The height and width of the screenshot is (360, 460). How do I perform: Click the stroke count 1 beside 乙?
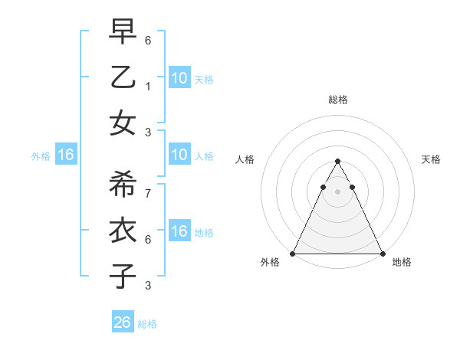(x=148, y=87)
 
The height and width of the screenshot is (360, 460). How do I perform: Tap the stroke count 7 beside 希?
(x=148, y=192)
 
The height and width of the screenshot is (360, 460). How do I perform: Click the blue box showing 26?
(x=123, y=322)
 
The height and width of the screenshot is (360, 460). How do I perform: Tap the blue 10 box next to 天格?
(x=179, y=77)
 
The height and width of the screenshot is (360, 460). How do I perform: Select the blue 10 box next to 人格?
(x=179, y=155)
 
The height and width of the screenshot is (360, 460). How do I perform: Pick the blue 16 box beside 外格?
(x=65, y=155)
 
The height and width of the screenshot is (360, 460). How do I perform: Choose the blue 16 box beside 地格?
(x=179, y=232)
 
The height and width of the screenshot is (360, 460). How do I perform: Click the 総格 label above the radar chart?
(x=338, y=100)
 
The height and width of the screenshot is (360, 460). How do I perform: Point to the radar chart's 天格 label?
(x=432, y=159)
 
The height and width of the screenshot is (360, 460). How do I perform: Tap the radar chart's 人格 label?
(x=245, y=159)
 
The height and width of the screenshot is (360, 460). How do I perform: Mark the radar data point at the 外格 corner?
(x=293, y=254)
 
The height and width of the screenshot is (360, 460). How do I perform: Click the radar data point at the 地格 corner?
(x=383, y=254)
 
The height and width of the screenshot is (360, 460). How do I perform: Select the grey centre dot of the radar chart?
(x=338, y=191)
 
